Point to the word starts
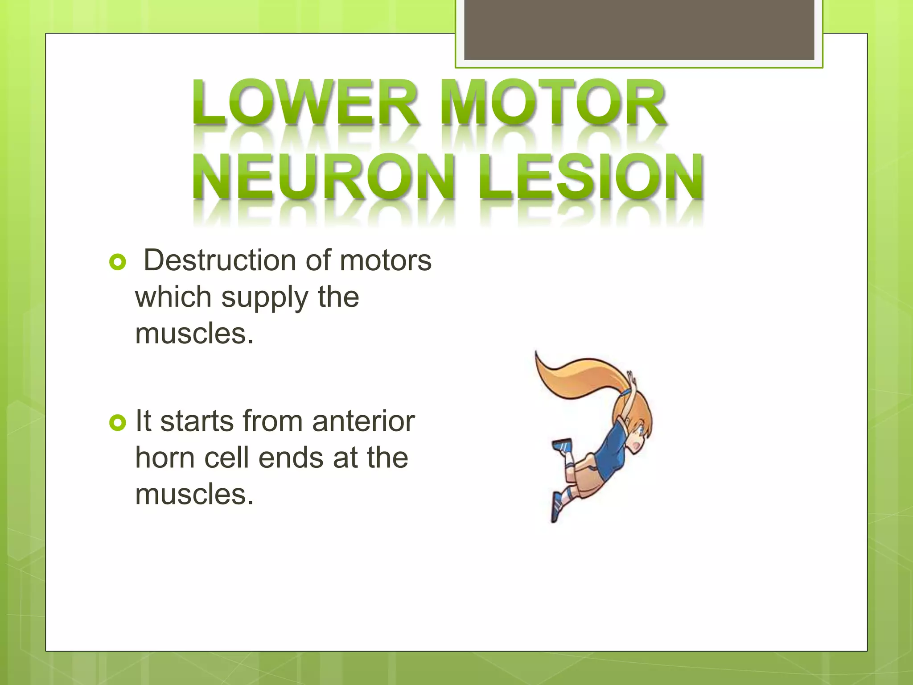[197, 421]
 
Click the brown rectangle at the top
[639, 30]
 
